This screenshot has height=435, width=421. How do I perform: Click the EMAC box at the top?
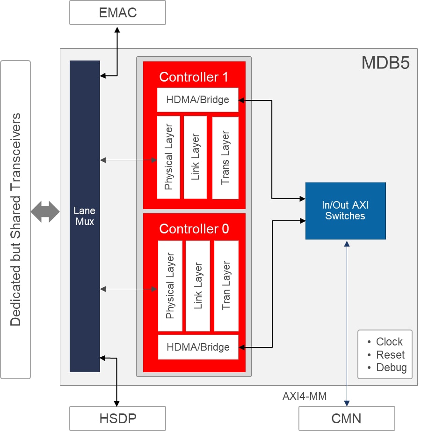[x=117, y=13]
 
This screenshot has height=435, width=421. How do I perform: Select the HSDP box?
[x=117, y=418]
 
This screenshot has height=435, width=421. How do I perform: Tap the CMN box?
[x=347, y=418]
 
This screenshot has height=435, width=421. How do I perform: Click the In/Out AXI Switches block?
[x=345, y=211]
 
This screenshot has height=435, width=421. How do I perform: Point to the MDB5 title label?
[x=385, y=63]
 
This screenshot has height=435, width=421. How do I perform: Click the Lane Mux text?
[x=84, y=216]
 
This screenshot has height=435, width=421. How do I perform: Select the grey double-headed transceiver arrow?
[x=45, y=212]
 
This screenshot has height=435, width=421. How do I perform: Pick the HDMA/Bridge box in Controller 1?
[x=197, y=99]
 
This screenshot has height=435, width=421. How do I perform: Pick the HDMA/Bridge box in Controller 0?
[x=198, y=347]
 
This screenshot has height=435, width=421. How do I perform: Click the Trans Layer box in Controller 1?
[x=225, y=157]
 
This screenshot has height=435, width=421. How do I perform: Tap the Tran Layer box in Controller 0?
[x=226, y=285]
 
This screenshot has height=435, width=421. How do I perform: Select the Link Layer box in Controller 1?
[x=195, y=157]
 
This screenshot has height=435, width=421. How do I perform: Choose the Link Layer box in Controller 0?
[x=197, y=285]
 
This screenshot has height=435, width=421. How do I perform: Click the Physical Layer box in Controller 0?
[x=169, y=285]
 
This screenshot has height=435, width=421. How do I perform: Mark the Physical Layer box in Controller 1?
[x=168, y=157]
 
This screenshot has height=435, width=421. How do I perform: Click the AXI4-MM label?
[x=304, y=396]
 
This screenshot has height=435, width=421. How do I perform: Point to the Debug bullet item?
[x=391, y=368]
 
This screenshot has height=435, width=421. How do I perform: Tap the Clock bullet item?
[x=389, y=342]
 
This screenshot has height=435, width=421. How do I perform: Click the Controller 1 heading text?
[x=194, y=77]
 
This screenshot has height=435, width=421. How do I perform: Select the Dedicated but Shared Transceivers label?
[x=15, y=219]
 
